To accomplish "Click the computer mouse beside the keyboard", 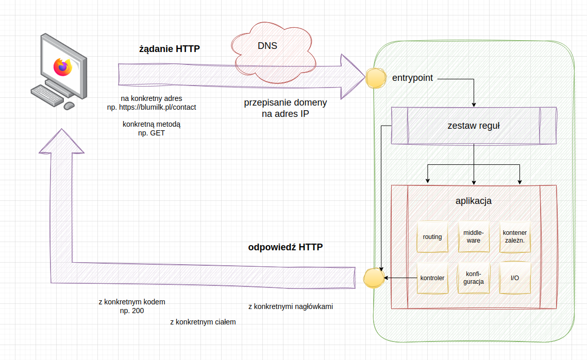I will click(x=69, y=106).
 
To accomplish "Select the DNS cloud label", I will click(x=267, y=46).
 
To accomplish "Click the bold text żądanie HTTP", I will click(x=169, y=49).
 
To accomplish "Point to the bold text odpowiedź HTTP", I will click(x=286, y=247).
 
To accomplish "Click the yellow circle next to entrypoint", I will click(x=376, y=79).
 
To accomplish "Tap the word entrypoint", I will click(x=412, y=78).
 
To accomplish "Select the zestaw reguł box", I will click(x=474, y=126).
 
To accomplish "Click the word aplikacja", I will click(x=473, y=201).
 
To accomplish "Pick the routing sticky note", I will click(x=432, y=237).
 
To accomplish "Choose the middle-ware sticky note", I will click(x=473, y=236).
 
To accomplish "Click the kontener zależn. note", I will click(x=514, y=236).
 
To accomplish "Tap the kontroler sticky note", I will click(x=432, y=278).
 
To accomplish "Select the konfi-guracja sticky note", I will click(x=473, y=278).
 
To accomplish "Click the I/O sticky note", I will click(x=514, y=278).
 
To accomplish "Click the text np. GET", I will click(x=152, y=133).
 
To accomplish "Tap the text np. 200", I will click(x=132, y=311).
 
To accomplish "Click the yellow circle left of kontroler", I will click(x=374, y=278).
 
